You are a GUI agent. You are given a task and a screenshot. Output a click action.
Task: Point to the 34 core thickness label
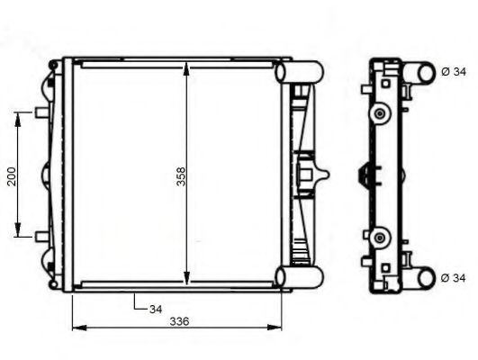click(x=156, y=309)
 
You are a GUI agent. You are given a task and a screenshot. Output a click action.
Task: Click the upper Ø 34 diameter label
click(x=455, y=71)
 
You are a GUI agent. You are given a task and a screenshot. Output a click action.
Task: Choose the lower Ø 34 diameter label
click(x=455, y=278)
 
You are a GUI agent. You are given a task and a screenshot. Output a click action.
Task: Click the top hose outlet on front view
click(x=303, y=70)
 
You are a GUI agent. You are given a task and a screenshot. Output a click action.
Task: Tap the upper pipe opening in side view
click(x=420, y=72)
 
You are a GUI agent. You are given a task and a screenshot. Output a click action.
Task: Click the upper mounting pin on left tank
click(x=41, y=112)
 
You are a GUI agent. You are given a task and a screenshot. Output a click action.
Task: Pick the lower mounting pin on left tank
click(x=41, y=236)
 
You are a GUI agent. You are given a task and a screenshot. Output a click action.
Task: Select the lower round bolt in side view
click(x=382, y=237)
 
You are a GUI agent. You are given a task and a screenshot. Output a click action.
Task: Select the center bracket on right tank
click(x=309, y=174)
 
